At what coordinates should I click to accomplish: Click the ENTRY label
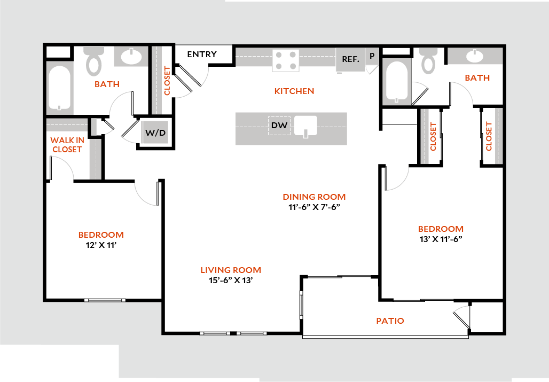202,54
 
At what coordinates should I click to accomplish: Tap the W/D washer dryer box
155,132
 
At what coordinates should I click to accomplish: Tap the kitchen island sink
305,127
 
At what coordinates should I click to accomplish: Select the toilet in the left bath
94,61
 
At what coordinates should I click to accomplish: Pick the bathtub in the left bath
60,88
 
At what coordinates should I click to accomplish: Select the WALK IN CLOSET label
67,145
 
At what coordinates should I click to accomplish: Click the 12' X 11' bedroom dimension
100,245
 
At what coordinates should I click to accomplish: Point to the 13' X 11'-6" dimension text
440,239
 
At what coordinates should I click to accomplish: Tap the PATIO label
390,321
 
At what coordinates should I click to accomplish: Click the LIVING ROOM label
231,270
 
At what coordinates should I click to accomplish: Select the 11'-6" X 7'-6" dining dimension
313,207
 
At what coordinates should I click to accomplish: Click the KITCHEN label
294,91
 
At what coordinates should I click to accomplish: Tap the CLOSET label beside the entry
167,81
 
